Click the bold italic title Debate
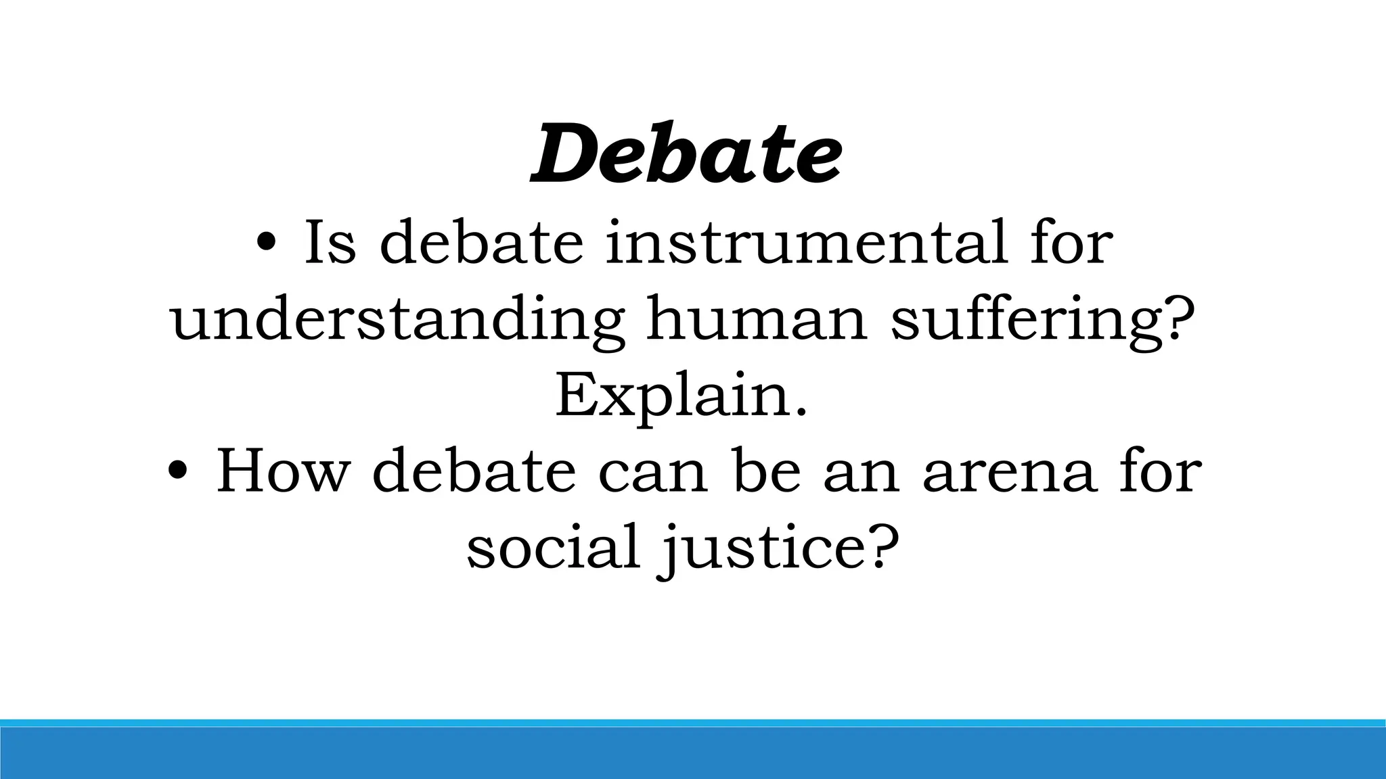point(686,154)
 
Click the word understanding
point(398,319)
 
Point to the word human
point(757,319)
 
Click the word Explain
point(681,396)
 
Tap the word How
point(282,471)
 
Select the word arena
point(1009,471)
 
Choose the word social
point(554,546)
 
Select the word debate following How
point(474,471)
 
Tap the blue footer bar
point(693,752)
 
